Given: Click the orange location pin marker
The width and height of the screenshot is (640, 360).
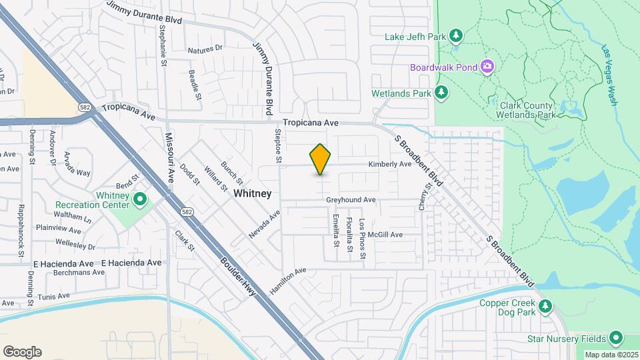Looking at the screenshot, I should (x=321, y=159).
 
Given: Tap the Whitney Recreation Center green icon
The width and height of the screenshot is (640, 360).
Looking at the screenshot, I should (x=140, y=199).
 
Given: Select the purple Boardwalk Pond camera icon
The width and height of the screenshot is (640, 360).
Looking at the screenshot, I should (x=487, y=66).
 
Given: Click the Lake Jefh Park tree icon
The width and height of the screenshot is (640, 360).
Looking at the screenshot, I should (x=456, y=35).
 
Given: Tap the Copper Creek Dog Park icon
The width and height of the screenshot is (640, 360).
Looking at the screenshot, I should (x=545, y=306).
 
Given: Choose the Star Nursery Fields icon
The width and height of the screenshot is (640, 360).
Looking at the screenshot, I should (x=615, y=337).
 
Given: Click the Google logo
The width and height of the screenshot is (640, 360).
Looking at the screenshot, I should (x=22, y=352).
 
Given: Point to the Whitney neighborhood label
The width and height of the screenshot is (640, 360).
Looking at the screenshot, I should (x=253, y=193).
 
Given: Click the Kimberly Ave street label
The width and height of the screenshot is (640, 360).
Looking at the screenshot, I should (x=391, y=164).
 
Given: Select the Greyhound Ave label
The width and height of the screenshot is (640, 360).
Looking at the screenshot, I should (x=351, y=200).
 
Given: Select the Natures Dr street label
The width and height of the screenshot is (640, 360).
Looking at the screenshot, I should (x=205, y=50).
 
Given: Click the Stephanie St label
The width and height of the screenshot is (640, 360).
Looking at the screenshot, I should (x=163, y=46).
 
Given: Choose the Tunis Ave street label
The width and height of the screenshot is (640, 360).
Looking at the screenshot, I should (x=54, y=296).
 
